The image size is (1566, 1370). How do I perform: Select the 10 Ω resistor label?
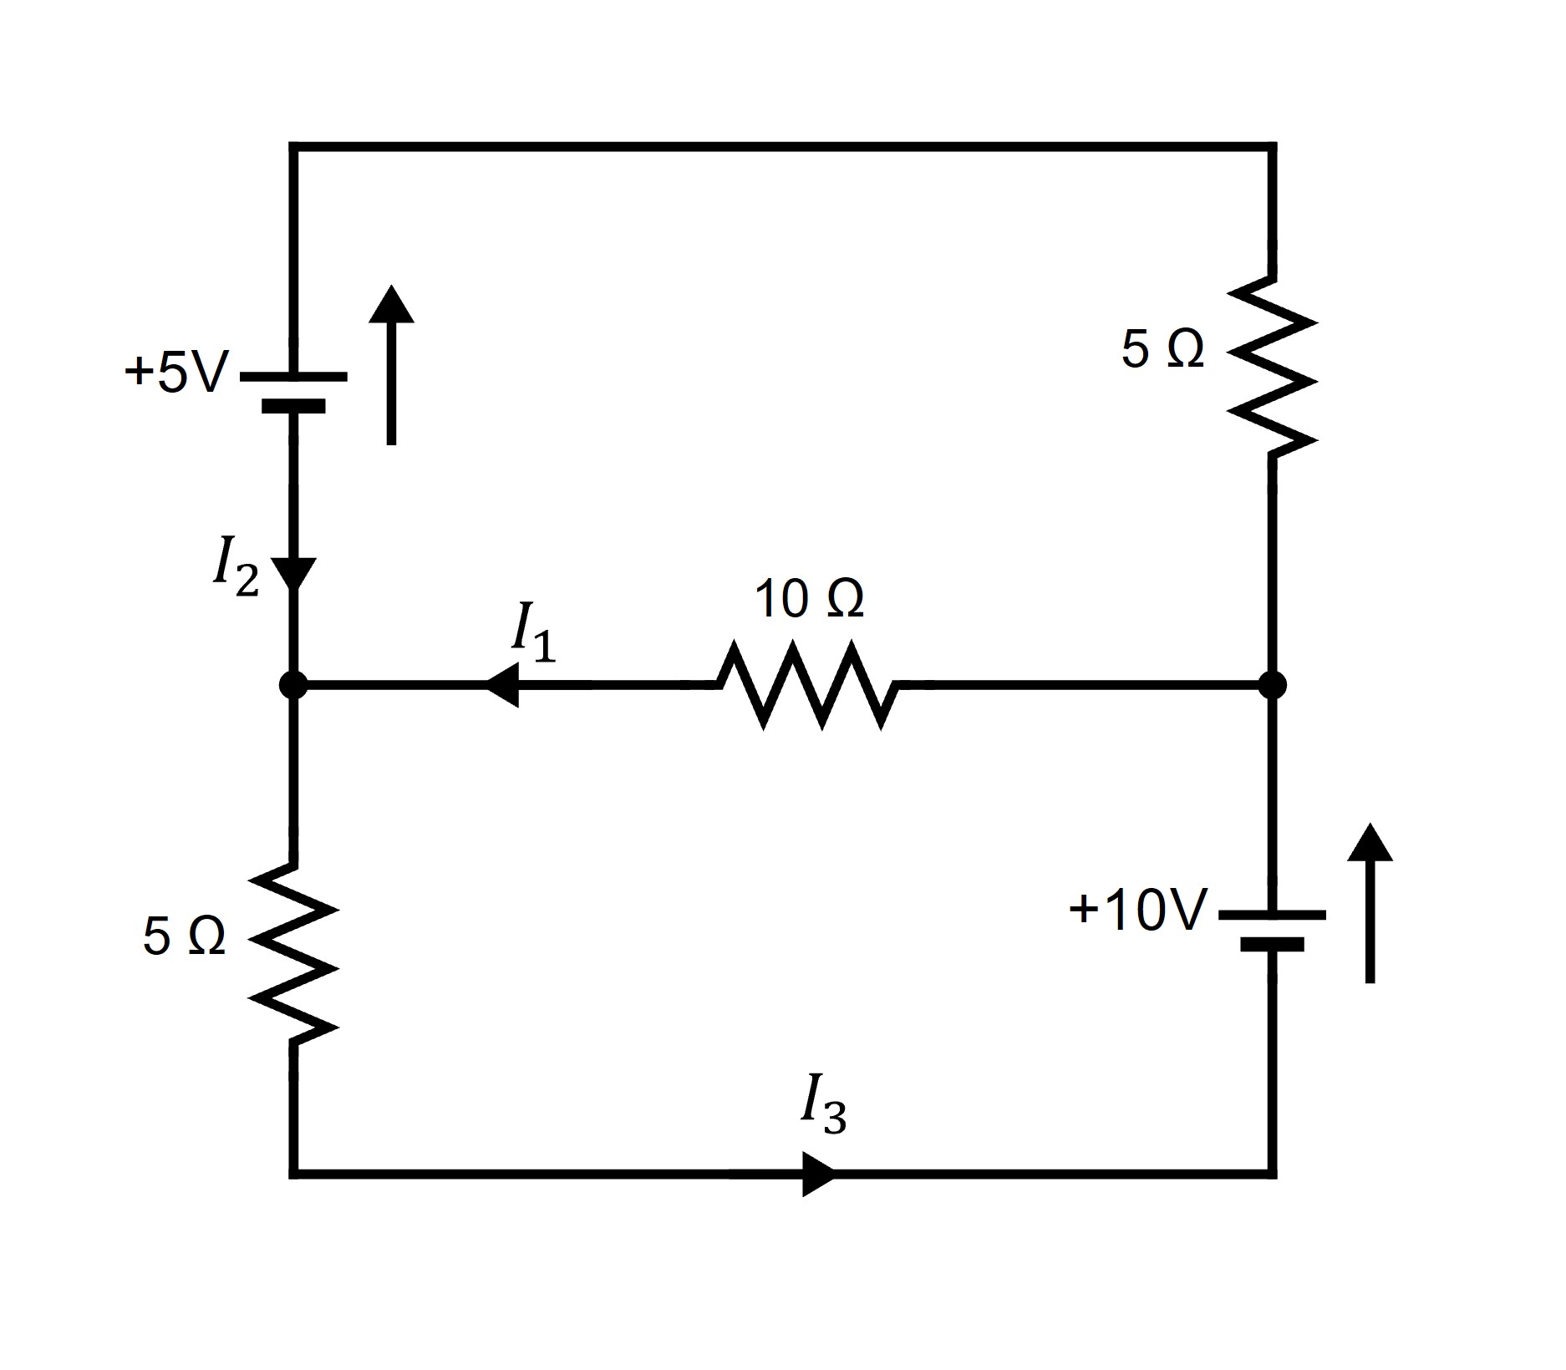[808, 599]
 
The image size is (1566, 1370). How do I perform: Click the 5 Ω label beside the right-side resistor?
[1162, 349]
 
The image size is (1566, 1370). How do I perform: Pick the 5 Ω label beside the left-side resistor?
[184, 936]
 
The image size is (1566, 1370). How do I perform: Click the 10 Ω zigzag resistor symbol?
[807, 685]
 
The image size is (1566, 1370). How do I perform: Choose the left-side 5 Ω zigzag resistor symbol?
[293, 953]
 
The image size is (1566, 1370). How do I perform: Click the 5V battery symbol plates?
[293, 391]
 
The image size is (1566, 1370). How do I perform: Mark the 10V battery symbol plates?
[1272, 929]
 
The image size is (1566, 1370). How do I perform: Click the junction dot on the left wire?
[293, 685]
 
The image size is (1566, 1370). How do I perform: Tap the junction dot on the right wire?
[1272, 685]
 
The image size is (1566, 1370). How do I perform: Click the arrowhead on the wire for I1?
[503, 685]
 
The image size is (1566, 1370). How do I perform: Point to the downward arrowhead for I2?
[293, 573]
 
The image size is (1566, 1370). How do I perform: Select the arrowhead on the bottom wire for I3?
[817, 1174]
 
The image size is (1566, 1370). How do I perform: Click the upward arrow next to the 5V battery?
[391, 364]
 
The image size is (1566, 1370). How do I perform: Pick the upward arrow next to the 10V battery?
[1370, 903]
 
